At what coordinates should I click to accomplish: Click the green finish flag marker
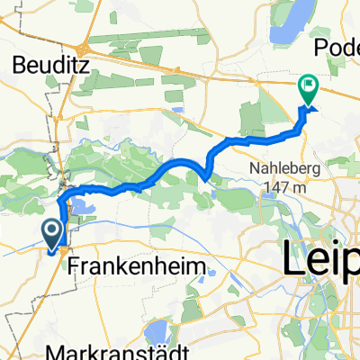tap(308, 88)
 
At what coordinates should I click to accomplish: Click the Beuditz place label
tap(44, 64)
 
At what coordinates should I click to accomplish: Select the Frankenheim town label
tap(144, 267)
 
